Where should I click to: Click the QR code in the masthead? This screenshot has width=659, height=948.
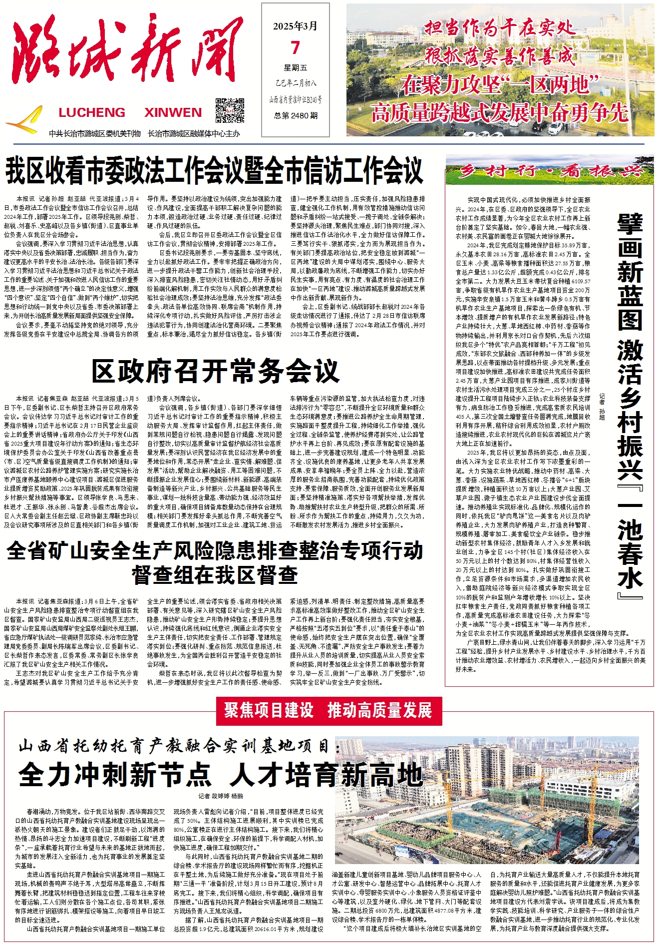tap(230, 111)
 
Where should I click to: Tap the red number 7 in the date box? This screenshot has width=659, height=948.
tap(296, 48)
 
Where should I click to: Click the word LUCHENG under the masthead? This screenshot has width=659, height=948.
tap(92, 113)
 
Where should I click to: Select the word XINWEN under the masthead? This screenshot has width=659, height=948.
tap(173, 113)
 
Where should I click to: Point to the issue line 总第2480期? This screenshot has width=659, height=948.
tap(296, 115)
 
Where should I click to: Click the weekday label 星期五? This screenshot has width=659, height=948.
tap(296, 67)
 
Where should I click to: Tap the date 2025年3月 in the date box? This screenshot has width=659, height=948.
tap(296, 26)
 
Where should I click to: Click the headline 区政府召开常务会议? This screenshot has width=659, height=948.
tap(215, 371)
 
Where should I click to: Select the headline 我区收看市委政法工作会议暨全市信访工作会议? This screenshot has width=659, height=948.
tap(214, 171)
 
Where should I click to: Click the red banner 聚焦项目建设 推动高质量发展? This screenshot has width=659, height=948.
tap(328, 710)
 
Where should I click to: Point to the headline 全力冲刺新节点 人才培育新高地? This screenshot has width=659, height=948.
tap(221, 775)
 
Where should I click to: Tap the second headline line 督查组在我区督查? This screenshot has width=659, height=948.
tap(215, 575)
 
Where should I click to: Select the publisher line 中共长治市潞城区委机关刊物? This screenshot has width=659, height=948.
tap(95, 133)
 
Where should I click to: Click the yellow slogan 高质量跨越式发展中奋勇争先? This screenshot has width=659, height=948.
tap(499, 113)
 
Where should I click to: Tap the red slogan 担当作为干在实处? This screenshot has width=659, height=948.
tap(499, 28)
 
